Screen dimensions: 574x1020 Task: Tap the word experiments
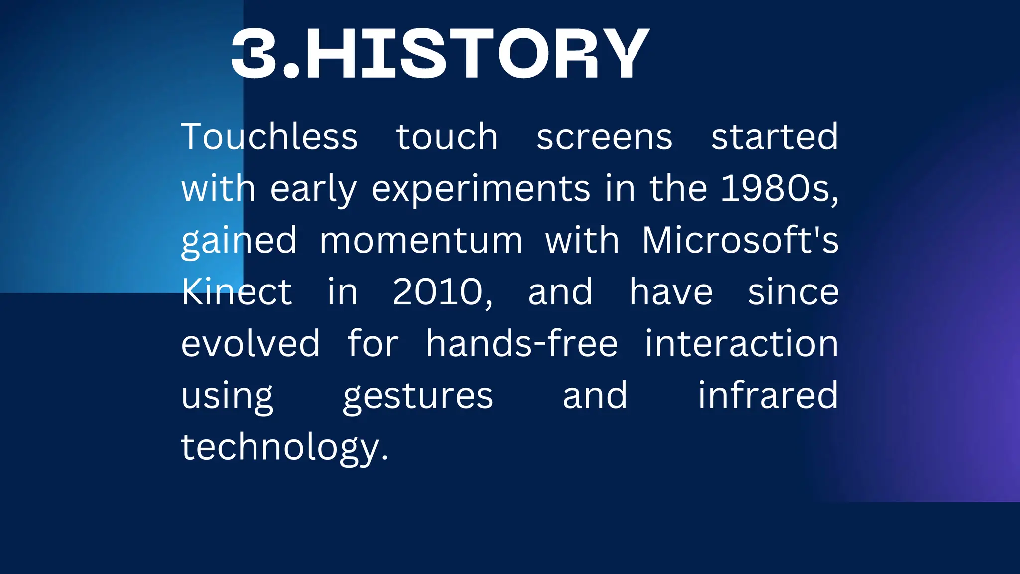(481, 189)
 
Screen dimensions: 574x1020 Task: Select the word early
(313, 189)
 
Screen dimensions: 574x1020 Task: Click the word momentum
(421, 240)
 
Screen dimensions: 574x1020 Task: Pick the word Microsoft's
(740, 240)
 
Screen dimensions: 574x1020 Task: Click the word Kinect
(237, 292)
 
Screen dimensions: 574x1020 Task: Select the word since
(793, 292)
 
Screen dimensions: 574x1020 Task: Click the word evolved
(250, 344)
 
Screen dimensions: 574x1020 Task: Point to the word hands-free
(521, 344)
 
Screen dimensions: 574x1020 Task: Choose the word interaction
(742, 344)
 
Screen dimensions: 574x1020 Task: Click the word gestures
(417, 397)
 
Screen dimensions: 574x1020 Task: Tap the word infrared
(767, 396)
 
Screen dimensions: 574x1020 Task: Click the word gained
(239, 241)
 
